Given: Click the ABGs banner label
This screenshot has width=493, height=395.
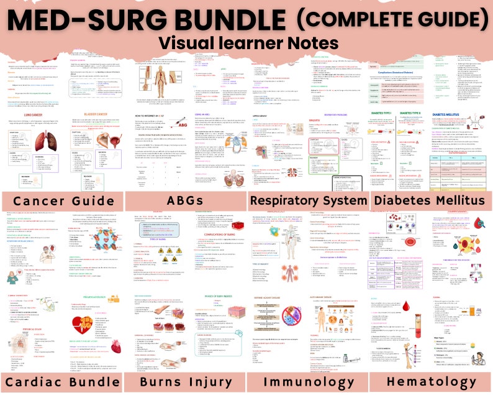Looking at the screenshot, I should (x=184, y=200).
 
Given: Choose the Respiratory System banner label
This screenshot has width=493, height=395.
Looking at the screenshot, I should (x=308, y=200).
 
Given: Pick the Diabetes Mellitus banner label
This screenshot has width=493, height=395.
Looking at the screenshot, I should (x=431, y=200).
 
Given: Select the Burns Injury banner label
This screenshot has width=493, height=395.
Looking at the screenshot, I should (x=184, y=381).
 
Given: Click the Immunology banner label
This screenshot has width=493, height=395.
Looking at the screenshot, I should (x=308, y=381).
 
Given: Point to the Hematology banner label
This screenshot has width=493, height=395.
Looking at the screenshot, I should (x=431, y=381).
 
